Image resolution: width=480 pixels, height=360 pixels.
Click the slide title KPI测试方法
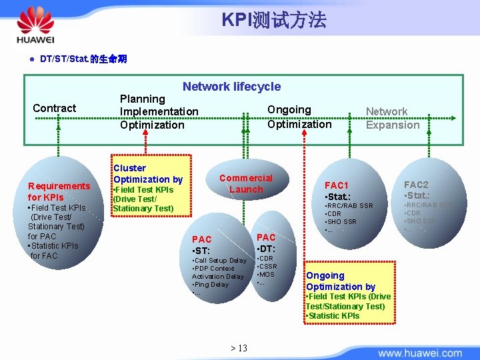(273, 20)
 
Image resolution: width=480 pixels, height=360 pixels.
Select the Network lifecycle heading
(231, 87)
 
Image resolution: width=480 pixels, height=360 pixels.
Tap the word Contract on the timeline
(54, 108)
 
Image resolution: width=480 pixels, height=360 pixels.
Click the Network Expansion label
(392, 118)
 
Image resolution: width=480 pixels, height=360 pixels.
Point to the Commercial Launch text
(246, 183)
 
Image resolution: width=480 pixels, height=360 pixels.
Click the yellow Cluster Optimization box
(151, 189)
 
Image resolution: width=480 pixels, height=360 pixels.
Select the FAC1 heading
(336, 185)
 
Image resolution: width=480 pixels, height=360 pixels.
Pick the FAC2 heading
(416, 185)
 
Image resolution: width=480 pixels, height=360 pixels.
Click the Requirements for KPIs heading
(59, 191)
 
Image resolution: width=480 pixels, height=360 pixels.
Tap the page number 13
(239, 348)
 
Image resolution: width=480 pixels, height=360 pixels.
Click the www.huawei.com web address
(422, 351)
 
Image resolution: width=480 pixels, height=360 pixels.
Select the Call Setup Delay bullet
(220, 260)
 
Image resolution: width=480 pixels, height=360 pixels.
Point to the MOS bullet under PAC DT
(267, 274)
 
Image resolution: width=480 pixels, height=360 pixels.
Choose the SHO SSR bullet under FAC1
(341, 222)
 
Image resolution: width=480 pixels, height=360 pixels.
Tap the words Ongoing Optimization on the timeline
(299, 117)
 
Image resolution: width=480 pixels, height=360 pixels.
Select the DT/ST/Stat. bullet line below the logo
(83, 59)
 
